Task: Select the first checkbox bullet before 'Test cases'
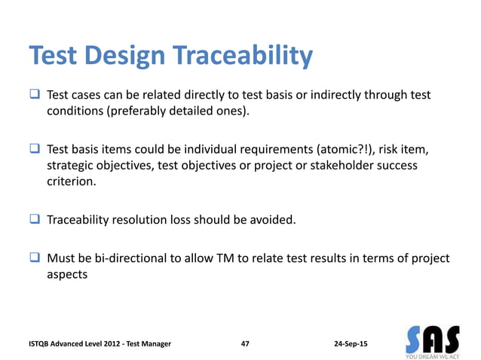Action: [35, 96]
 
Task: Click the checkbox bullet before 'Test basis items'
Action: [35, 149]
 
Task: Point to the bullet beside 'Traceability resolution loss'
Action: [35, 221]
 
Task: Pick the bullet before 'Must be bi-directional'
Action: [35, 258]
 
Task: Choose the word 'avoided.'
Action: [274, 221]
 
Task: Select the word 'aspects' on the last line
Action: [67, 275]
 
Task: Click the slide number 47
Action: [245, 343]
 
